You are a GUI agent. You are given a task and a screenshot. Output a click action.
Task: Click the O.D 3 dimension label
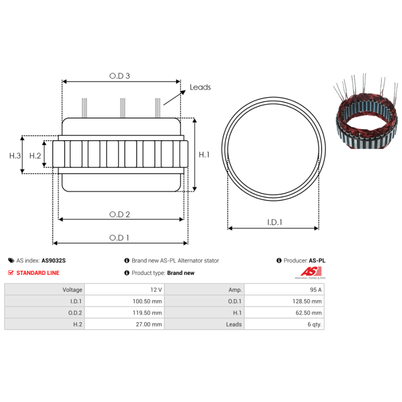click(120, 76)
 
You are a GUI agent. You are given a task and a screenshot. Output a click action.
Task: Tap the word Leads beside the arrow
click(200, 87)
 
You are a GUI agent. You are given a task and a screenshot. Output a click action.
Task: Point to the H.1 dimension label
click(204, 155)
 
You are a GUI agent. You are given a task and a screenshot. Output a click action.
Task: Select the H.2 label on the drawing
click(35, 156)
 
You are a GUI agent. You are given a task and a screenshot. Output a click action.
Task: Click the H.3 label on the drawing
click(15, 156)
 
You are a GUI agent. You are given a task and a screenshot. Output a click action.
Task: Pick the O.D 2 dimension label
click(120, 215)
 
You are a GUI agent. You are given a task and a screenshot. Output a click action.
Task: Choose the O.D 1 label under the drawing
click(120, 238)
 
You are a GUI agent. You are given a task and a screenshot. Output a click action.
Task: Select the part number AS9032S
click(54, 261)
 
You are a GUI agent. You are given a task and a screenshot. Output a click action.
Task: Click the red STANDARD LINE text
click(38, 273)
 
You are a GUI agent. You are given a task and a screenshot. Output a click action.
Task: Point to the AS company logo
click(308, 272)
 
